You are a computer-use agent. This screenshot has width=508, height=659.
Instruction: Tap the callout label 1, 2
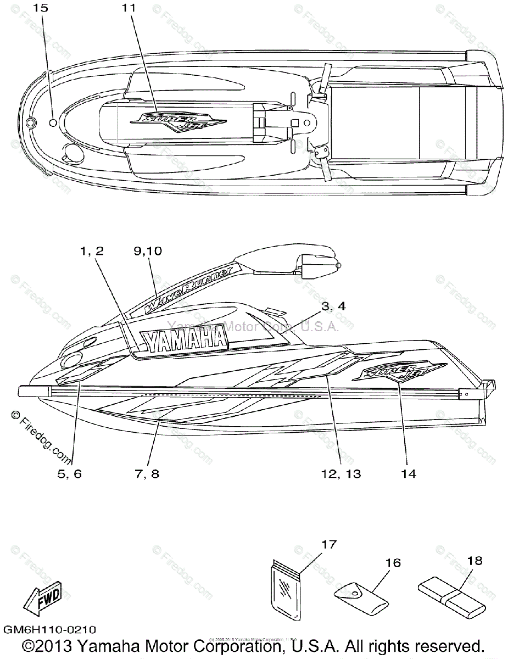coord(92,251)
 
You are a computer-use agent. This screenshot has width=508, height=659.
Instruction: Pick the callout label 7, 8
coord(147,474)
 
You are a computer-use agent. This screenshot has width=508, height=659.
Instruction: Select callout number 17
coord(328,545)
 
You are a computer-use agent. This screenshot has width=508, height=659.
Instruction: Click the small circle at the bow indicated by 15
coord(53,122)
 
